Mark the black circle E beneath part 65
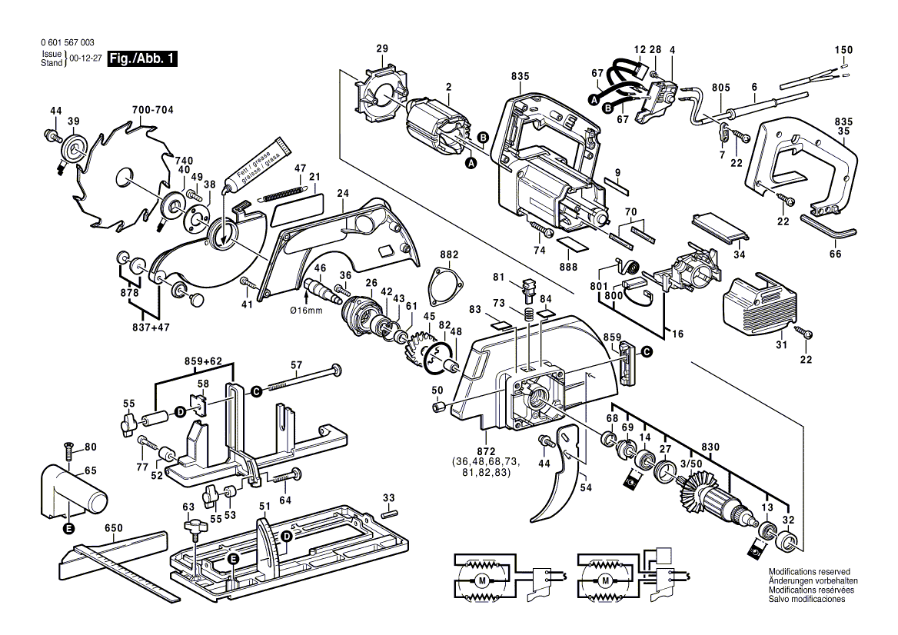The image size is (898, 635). [68, 528]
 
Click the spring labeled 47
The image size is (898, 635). [283, 192]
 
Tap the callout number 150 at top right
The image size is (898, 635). [843, 50]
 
